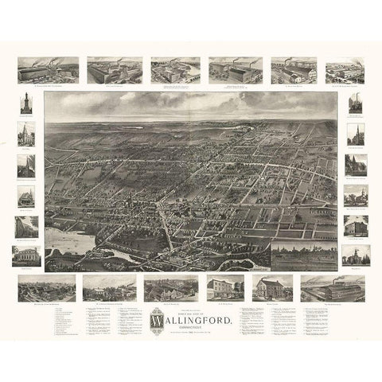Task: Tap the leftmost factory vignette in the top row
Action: coord(48,70)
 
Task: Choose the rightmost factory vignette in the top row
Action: coord(346,70)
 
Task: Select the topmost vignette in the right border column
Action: coord(355,105)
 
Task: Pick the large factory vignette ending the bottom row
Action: coord(333,288)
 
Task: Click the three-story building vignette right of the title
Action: coord(224,288)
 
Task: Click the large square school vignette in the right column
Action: coord(355,225)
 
